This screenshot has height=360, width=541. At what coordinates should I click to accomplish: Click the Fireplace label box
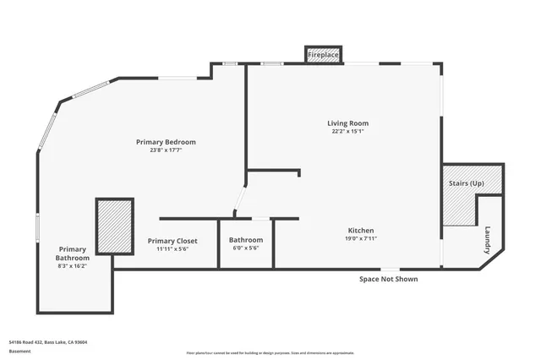(323, 55)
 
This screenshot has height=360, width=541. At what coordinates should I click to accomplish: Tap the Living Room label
(348, 123)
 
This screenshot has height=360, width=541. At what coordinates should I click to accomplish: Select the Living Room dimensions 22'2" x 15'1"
(348, 132)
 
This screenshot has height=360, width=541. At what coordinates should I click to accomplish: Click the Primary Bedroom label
(166, 141)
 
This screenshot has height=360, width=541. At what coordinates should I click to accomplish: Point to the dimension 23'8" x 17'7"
(166, 150)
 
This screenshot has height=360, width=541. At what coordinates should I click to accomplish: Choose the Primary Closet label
(172, 241)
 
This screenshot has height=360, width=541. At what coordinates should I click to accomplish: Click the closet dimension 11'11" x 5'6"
(172, 249)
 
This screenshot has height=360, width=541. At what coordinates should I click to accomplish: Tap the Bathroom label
(246, 240)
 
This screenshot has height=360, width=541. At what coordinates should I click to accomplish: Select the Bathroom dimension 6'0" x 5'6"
(246, 248)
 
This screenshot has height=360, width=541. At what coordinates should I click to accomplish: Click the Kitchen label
(361, 231)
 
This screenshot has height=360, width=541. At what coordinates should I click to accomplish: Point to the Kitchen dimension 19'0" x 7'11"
(361, 239)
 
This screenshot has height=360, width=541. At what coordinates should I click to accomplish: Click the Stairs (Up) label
(465, 183)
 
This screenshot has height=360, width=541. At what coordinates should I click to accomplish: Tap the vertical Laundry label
(488, 239)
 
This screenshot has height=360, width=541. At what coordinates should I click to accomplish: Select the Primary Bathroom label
(72, 254)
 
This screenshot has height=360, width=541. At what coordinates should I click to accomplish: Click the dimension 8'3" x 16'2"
(72, 266)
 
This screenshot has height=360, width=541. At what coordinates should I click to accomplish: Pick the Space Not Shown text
(388, 279)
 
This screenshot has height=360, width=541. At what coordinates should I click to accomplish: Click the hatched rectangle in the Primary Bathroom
(114, 226)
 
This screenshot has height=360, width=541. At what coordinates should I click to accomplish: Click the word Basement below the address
(19, 350)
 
